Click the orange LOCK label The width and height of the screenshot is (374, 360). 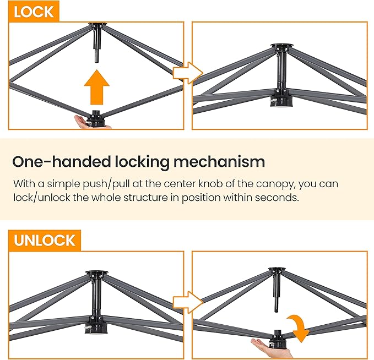34,11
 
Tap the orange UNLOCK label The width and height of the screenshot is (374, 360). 45,241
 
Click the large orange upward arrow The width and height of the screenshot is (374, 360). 96,87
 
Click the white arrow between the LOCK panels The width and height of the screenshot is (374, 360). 188,73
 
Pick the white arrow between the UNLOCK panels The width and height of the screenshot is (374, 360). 188,302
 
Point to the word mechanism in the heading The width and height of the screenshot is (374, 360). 219,162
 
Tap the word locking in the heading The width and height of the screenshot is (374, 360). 142,162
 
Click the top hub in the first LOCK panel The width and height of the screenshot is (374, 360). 98,25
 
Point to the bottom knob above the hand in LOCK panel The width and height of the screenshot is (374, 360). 97,118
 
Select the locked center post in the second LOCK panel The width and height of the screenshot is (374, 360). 281,69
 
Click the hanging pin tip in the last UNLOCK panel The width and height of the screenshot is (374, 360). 276,310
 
